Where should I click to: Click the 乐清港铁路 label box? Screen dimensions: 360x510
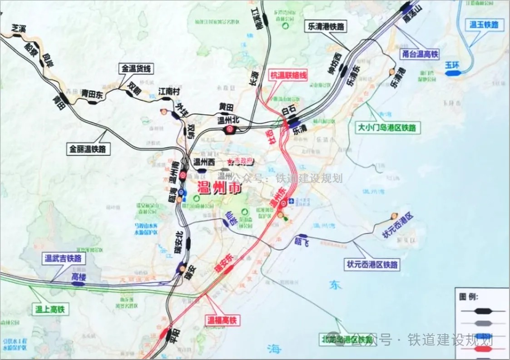(325, 27)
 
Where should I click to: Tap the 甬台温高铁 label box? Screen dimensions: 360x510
(420, 54)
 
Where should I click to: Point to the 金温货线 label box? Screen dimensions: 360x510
(137, 69)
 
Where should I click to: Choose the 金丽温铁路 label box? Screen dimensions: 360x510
(89, 148)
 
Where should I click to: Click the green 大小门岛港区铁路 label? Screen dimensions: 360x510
(387, 128)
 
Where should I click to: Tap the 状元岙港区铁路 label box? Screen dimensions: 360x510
(372, 264)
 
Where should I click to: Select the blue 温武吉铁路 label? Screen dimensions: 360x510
(63, 259)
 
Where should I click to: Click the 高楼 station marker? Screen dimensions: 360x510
(79, 284)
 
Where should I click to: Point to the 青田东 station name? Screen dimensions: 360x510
(92, 94)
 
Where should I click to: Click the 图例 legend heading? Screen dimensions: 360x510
(472, 296)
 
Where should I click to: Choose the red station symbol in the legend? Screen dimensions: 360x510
(482, 350)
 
